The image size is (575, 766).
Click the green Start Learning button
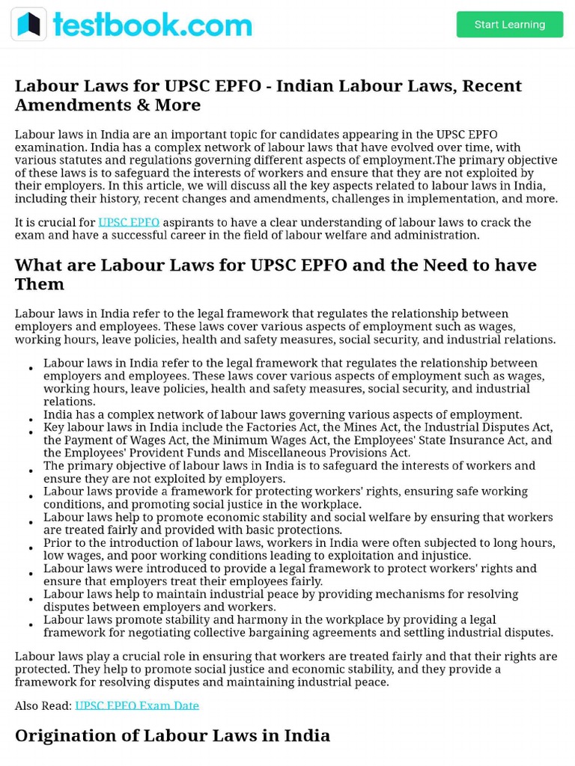509,25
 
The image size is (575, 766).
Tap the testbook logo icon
28,25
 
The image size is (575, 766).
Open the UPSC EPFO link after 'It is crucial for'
129,222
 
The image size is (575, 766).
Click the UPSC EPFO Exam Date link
137,705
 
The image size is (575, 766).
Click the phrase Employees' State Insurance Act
429,440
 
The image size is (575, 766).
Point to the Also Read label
43,705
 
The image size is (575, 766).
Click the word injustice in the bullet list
447,556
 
